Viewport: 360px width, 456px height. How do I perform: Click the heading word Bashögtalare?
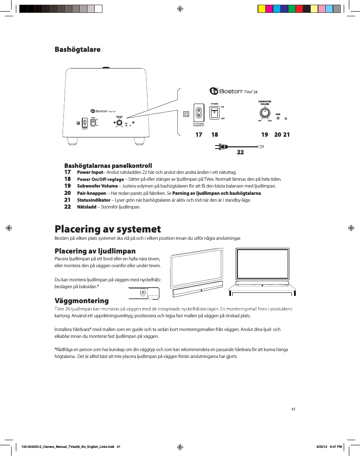[x=78, y=49]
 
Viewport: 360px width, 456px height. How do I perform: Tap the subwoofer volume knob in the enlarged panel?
[x=265, y=113]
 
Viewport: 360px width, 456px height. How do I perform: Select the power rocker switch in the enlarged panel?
[x=215, y=113]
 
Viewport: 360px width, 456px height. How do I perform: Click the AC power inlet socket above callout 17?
[x=199, y=113]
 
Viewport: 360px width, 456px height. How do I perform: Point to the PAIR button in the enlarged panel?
[x=278, y=118]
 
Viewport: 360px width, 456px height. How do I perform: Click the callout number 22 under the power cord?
[x=240, y=152]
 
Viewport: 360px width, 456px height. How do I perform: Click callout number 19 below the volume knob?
[x=265, y=135]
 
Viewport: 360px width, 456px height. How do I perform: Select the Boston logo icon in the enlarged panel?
[x=214, y=91]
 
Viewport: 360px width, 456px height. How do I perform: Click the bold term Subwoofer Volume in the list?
[x=97, y=186]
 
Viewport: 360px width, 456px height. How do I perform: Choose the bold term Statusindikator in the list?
[x=93, y=200]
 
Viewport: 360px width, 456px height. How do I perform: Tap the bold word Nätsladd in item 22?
[x=86, y=207]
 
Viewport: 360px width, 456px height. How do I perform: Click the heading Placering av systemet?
[x=108, y=229]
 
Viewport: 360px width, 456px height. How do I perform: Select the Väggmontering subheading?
[x=81, y=301]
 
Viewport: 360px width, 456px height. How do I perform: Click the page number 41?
[x=293, y=409]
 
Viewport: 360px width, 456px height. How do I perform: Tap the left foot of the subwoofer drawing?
[x=75, y=140]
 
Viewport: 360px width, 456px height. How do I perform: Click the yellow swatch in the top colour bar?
[x=261, y=9]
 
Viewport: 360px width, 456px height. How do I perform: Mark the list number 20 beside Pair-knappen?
[x=67, y=193]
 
